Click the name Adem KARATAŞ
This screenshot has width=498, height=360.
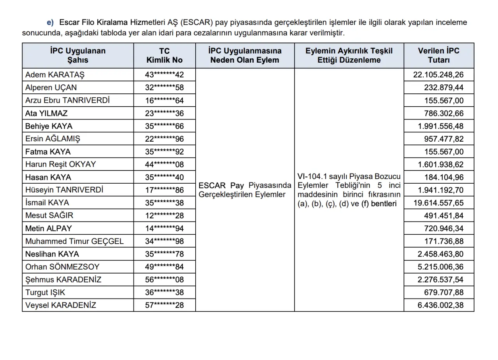pyautogui.click(x=55, y=75)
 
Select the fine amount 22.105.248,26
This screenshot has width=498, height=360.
pyautogui.click(x=438, y=75)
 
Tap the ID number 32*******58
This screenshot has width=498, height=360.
pyautogui.click(x=164, y=88)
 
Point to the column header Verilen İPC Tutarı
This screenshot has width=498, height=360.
pyautogui.click(x=438, y=56)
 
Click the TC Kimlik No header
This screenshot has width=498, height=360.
pyautogui.click(x=164, y=56)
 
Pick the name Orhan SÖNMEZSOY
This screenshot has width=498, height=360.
pyautogui.click(x=62, y=267)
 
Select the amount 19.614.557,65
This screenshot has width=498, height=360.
pyautogui.click(x=438, y=203)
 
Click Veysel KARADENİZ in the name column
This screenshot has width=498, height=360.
pyautogui.click(x=61, y=305)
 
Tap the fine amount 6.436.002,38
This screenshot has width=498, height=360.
pyautogui.click(x=440, y=305)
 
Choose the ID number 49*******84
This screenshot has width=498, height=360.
pyautogui.click(x=164, y=267)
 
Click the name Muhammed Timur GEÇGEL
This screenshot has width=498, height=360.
pyautogui.click(x=74, y=241)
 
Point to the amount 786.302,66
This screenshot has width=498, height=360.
pyautogui.click(x=444, y=113)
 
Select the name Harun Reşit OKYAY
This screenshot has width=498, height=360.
pyautogui.click(x=60, y=164)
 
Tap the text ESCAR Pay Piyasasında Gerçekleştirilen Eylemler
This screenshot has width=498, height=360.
pyautogui.click(x=245, y=190)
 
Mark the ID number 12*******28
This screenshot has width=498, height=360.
pyautogui.click(x=164, y=216)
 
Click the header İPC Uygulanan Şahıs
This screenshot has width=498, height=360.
pyautogui.click(x=78, y=56)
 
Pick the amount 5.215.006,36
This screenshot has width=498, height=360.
pyautogui.click(x=440, y=267)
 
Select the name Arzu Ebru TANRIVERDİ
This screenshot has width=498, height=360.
pyautogui.click(x=67, y=100)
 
